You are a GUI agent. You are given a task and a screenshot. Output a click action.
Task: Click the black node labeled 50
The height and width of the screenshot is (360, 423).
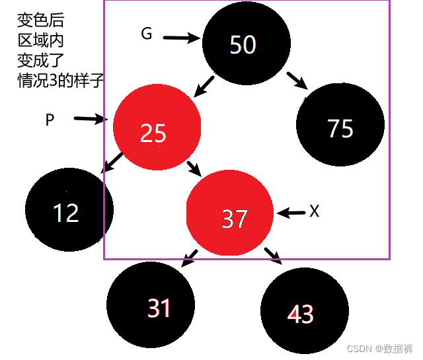tap(244, 44)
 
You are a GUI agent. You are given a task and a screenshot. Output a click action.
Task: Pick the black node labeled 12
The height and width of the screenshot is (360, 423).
tap(67, 210)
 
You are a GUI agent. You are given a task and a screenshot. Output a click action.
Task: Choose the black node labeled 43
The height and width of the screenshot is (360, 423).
tap(303, 311)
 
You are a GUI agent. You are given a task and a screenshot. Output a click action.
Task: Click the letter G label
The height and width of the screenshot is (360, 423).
tap(146, 34)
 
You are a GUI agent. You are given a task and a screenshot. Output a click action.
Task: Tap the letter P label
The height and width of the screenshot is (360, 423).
tap(50, 120)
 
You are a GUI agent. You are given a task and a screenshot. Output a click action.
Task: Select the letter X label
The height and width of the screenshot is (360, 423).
tap(314, 211)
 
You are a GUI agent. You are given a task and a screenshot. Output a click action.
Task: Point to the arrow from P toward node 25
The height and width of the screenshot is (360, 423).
tap(91, 120)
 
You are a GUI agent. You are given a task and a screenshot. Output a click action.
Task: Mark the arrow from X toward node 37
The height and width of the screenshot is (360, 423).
tap(290, 213)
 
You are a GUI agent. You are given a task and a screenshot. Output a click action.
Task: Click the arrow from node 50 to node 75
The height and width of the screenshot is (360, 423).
tap(298, 80)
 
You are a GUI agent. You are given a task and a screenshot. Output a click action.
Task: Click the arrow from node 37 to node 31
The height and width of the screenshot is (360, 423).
tap(190, 258)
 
